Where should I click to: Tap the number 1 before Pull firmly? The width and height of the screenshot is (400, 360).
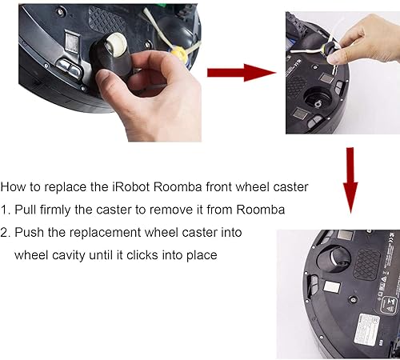[x=4, y=210]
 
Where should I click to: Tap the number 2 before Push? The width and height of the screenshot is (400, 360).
[x=4, y=232]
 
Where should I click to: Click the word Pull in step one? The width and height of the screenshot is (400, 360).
[x=30, y=210]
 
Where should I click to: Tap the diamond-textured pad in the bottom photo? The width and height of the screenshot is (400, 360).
[x=368, y=261]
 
